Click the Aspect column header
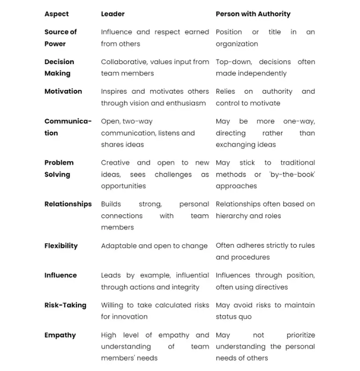(56, 14)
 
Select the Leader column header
(112, 14)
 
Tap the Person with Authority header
(253, 14)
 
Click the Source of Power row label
(60, 38)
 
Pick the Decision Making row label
(59, 67)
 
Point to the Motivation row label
(63, 91)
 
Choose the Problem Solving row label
(59, 169)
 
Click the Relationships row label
(68, 204)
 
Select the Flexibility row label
(61, 245)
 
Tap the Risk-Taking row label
(65, 305)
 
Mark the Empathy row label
(60, 335)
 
